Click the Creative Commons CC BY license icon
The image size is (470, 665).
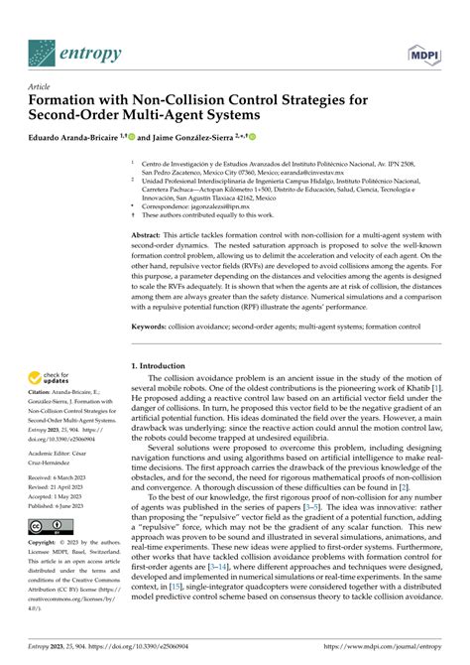click(x=46, y=554)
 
